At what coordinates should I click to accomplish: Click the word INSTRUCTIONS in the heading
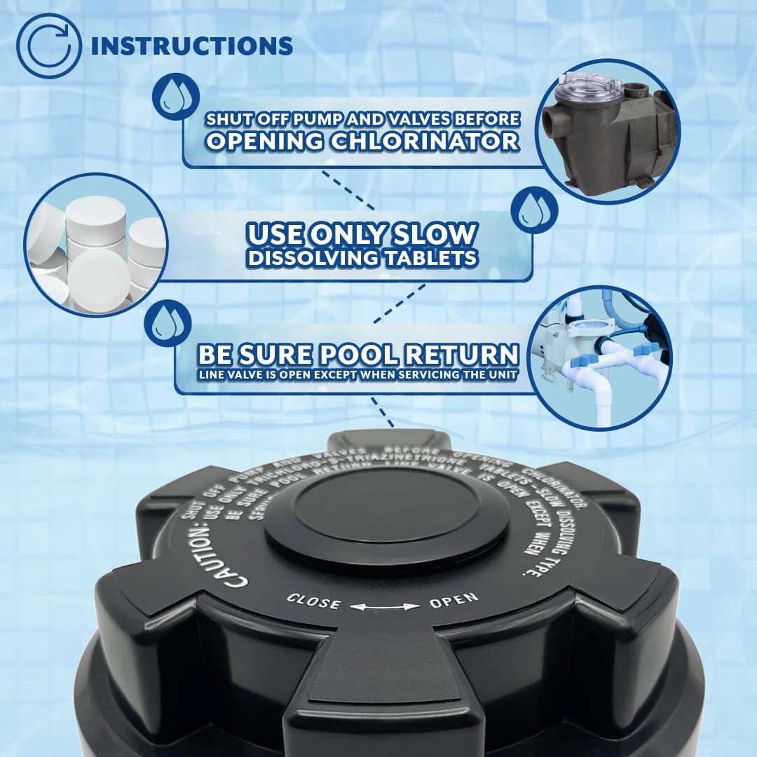(191, 46)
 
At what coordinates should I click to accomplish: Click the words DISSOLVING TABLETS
(362, 258)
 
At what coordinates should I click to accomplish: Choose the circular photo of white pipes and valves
(601, 357)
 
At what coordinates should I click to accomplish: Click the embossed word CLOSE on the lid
(313, 601)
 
